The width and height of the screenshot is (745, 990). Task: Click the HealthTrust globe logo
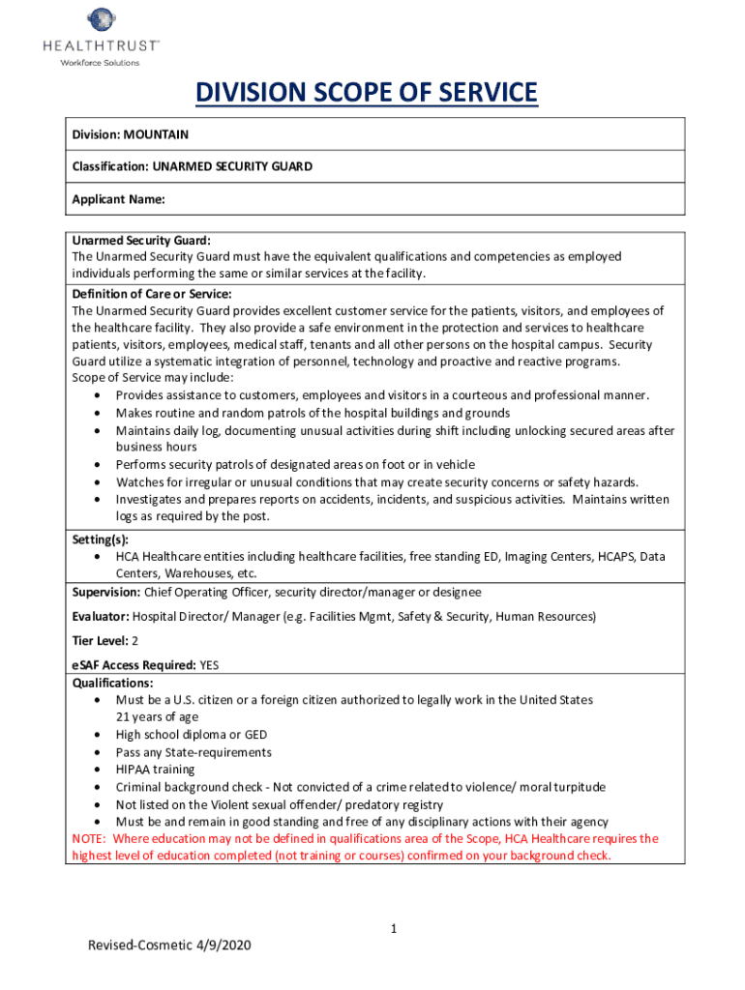100,19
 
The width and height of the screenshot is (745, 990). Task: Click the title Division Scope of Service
366,94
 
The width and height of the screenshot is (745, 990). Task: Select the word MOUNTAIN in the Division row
157,135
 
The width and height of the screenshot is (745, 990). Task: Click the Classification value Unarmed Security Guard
231,166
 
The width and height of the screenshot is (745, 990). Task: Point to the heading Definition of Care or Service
152,293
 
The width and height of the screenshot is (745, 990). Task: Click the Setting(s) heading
100,539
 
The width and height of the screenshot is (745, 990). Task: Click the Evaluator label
101,616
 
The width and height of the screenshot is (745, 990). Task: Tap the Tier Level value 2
135,641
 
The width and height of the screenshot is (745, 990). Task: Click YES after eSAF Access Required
210,666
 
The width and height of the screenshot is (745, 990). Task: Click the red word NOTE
90,839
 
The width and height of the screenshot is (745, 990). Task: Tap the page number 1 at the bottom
394,929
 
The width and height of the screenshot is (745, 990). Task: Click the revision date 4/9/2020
223,946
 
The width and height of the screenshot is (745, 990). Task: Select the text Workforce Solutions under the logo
100,63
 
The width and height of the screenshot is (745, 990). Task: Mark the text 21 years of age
157,717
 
